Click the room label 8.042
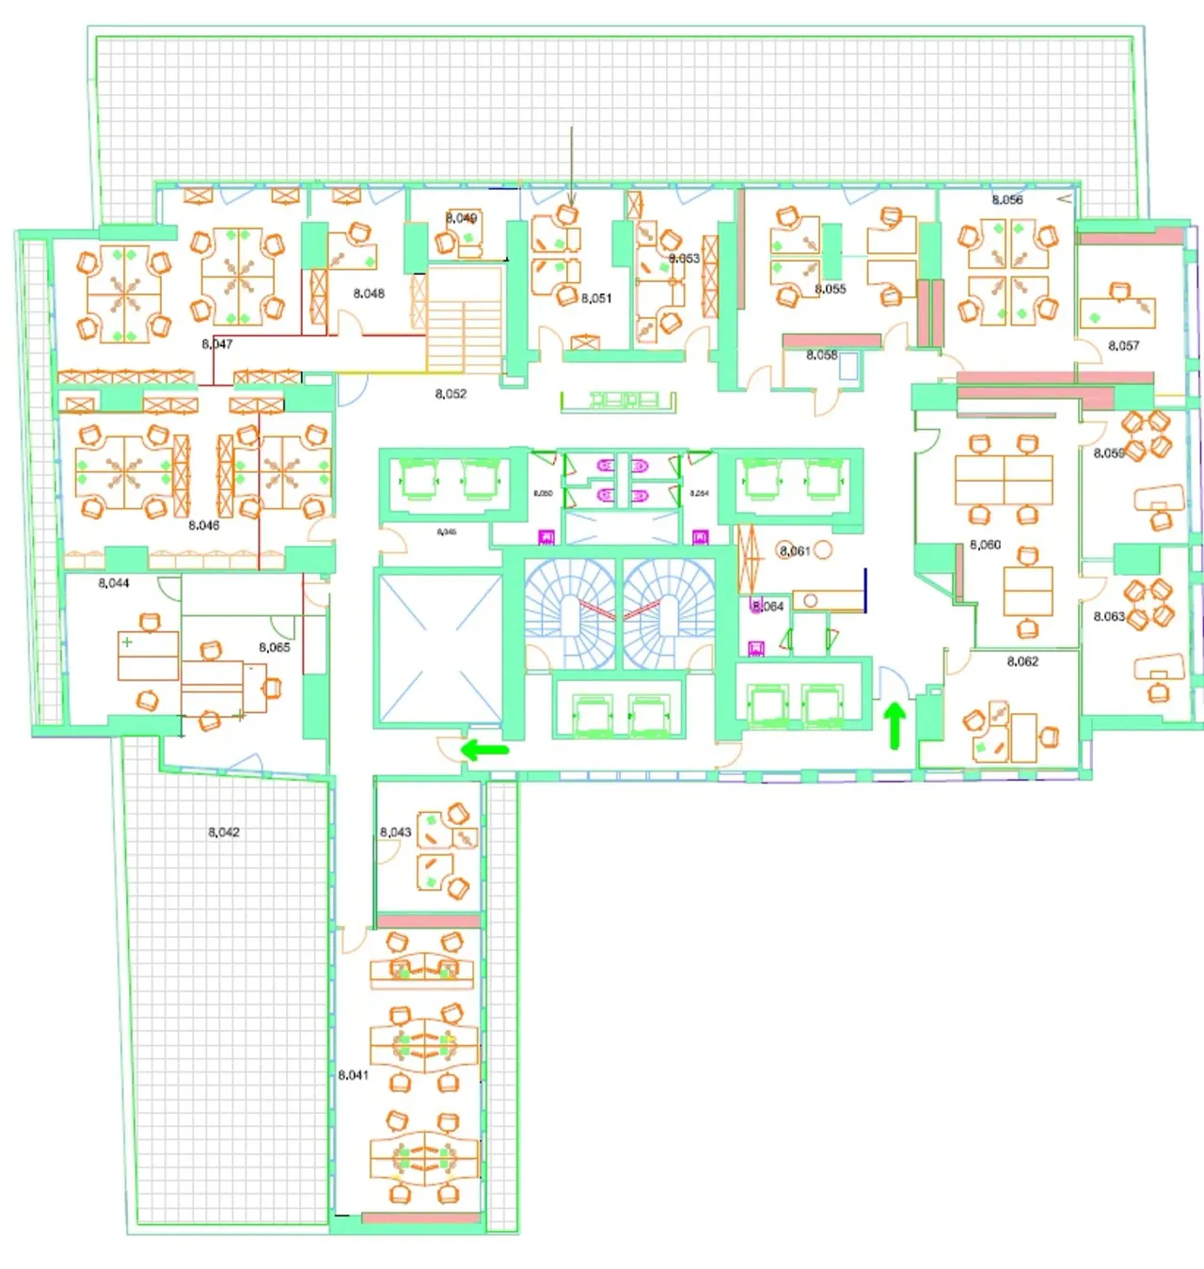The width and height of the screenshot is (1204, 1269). pyautogui.click(x=224, y=833)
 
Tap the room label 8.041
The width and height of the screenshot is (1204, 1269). pyautogui.click(x=354, y=1074)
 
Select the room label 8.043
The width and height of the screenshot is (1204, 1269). pyautogui.click(x=395, y=833)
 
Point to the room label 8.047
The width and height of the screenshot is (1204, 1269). pyautogui.click(x=217, y=344)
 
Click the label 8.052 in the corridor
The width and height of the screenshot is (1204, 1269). pyautogui.click(x=451, y=394)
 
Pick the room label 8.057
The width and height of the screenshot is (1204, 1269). pyautogui.click(x=1123, y=346)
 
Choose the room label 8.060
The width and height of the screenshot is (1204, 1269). pyautogui.click(x=985, y=545)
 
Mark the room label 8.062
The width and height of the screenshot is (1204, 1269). pyautogui.click(x=1022, y=661)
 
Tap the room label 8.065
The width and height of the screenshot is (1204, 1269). pyautogui.click(x=275, y=647)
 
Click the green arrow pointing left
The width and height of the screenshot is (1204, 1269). pyautogui.click(x=484, y=751)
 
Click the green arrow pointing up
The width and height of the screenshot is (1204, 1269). pyautogui.click(x=895, y=726)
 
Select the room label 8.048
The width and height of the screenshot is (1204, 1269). pyautogui.click(x=369, y=293)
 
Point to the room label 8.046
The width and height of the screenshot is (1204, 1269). pyautogui.click(x=204, y=526)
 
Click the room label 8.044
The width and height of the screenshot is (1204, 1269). pyautogui.click(x=114, y=583)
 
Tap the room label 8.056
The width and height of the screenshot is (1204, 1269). pyautogui.click(x=1007, y=200)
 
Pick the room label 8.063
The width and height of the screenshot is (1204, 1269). pyautogui.click(x=1109, y=617)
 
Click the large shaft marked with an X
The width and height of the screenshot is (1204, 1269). pyautogui.click(x=439, y=649)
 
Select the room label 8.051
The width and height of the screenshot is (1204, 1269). pyautogui.click(x=596, y=298)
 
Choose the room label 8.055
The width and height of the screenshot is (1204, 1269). pyautogui.click(x=831, y=289)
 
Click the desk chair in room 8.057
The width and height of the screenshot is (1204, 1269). pyautogui.click(x=1120, y=291)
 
